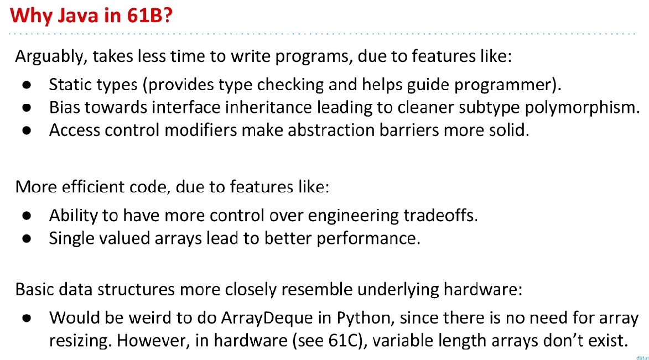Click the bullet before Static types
[x=27, y=85]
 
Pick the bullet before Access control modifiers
[x=27, y=131]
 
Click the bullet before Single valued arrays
[x=27, y=239]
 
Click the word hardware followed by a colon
[x=483, y=289]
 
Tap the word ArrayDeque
[x=267, y=318]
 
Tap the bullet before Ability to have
[x=27, y=216]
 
